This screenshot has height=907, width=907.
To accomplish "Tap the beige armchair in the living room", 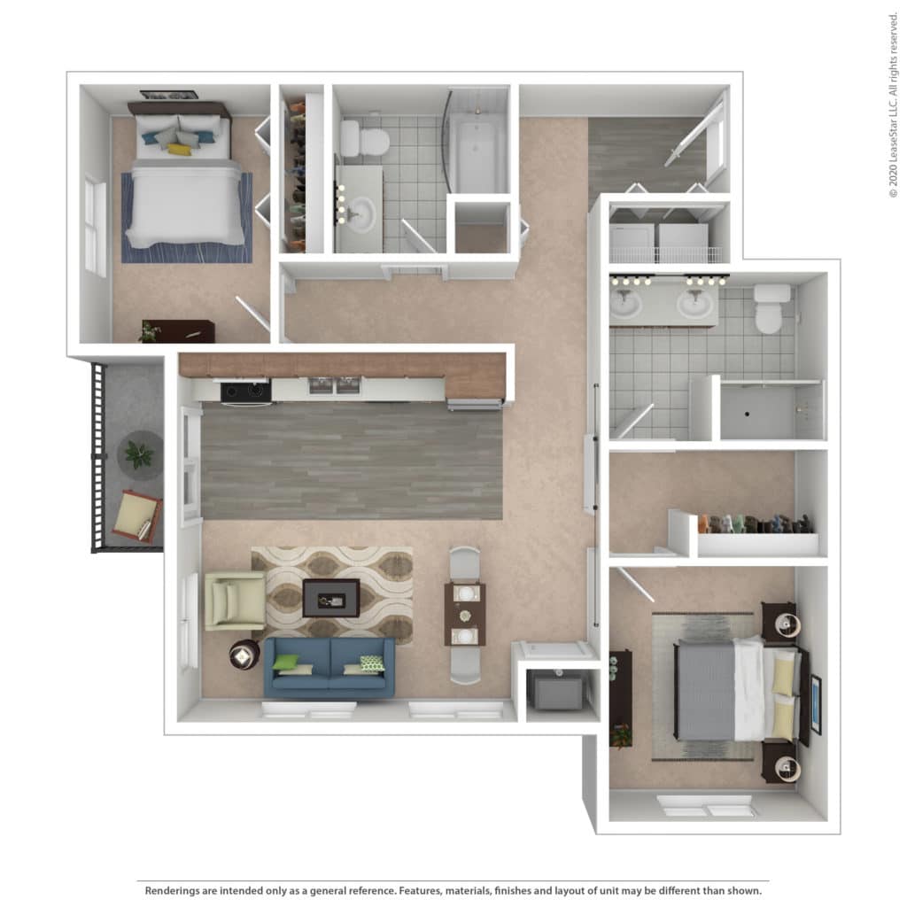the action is click(234, 601).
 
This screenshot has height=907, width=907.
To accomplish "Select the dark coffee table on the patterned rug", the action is click(331, 598).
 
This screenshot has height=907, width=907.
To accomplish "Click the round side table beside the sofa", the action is click(244, 655).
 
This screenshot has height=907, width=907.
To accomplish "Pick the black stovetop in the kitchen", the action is click(245, 391).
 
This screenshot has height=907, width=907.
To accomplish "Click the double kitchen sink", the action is click(334, 385).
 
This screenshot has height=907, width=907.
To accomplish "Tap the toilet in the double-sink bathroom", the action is click(771, 309).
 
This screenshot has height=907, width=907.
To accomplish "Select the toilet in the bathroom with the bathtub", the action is click(364, 139).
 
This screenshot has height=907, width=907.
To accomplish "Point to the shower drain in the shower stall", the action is click(748, 415).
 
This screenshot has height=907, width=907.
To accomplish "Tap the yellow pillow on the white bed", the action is click(179, 149).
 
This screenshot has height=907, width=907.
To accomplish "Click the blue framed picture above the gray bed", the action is click(816, 704).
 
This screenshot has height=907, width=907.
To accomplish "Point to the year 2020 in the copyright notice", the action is click(893, 174).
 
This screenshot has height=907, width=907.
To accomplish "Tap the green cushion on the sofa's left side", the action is click(286, 663).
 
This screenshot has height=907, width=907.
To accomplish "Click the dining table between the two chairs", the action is click(464, 615).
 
